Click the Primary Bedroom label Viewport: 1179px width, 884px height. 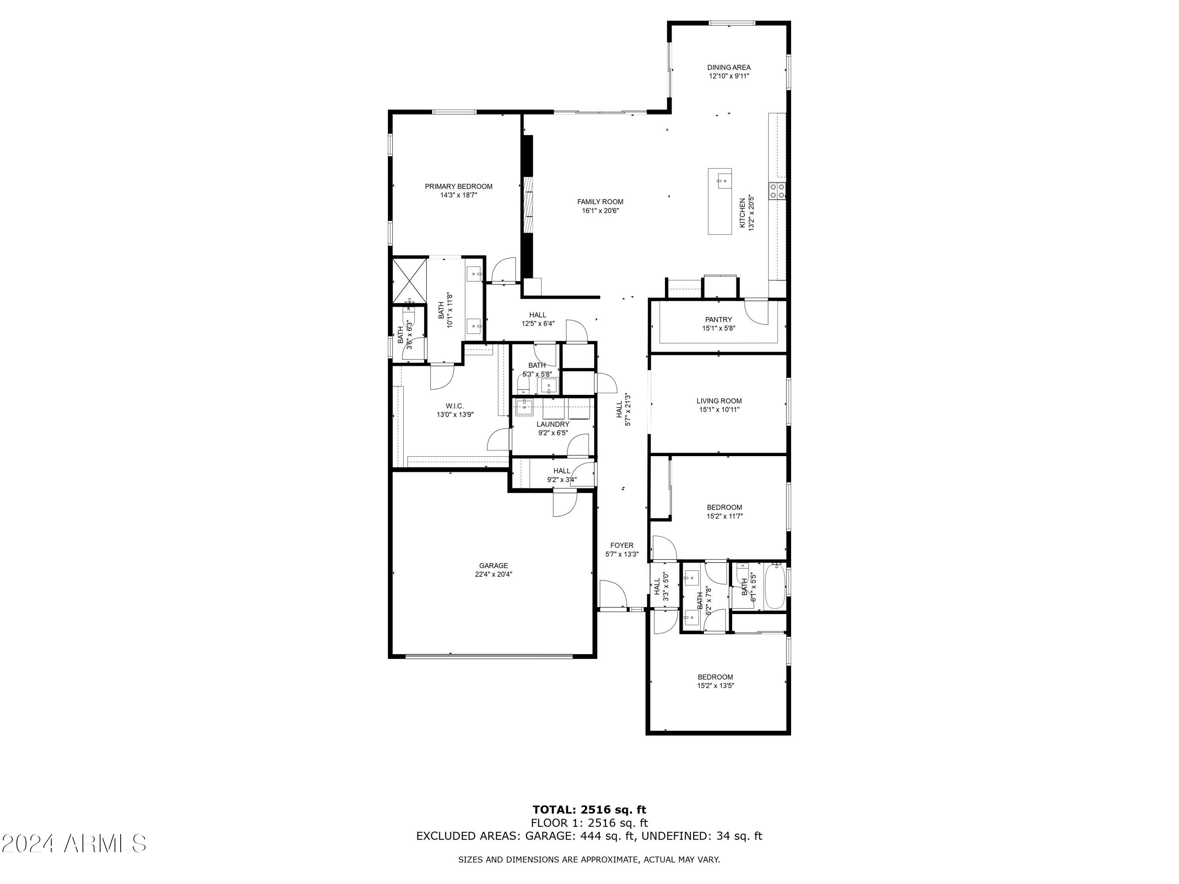click(x=458, y=187)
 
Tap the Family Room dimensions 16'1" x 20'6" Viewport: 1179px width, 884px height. click(x=600, y=211)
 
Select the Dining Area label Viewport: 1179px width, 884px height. click(x=729, y=68)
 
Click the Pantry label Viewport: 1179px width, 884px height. click(x=718, y=320)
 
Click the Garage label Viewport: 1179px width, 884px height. click(x=494, y=566)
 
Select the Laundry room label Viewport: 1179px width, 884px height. click(x=553, y=424)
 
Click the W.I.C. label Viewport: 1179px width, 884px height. click(x=455, y=406)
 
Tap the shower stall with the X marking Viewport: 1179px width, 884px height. click(x=410, y=280)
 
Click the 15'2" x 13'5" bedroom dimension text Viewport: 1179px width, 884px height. click(x=716, y=686)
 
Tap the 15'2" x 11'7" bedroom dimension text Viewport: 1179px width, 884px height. click(x=724, y=516)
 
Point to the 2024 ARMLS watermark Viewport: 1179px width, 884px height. click(x=73, y=844)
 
